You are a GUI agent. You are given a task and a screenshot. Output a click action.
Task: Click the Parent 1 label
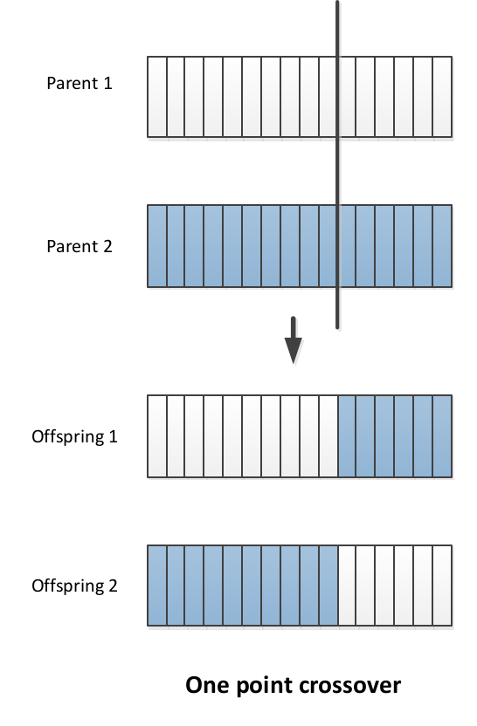point(79,84)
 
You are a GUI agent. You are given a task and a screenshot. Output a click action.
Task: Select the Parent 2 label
point(79,246)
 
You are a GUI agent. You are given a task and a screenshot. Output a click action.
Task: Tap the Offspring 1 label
point(74,437)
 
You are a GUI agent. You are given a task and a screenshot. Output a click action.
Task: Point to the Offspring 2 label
point(74,586)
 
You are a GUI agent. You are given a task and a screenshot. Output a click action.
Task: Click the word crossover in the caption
point(342,685)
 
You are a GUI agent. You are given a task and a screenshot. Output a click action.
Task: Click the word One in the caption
point(207,685)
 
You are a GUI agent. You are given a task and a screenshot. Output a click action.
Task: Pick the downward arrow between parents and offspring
point(293,340)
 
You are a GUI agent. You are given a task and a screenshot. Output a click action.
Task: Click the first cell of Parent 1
point(157,97)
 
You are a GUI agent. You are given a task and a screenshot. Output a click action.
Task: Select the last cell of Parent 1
point(442,97)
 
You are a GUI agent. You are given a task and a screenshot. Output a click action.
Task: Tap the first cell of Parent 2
point(157,246)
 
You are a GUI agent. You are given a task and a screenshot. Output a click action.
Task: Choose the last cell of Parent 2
point(442,246)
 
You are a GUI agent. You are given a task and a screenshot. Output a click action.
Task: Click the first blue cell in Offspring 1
point(347,436)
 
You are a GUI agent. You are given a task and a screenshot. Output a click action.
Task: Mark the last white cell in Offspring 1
point(328,436)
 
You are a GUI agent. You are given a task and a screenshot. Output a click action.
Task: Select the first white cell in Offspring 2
point(347,586)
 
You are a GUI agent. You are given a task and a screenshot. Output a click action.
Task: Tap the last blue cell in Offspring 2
point(328,586)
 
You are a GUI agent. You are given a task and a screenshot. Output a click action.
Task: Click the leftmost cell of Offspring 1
point(157,436)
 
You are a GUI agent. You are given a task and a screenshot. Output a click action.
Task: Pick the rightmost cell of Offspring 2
point(442,586)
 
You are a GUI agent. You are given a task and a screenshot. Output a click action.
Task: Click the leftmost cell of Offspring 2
point(157,586)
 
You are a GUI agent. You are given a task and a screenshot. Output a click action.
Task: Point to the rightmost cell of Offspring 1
point(442,436)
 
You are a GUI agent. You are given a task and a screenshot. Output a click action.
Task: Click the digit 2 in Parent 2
point(107,246)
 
